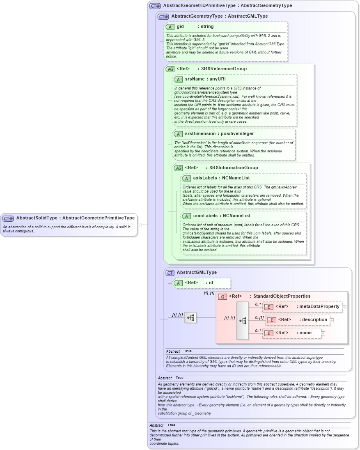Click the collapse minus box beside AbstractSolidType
[x=140, y=225]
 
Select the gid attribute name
[x=180, y=27]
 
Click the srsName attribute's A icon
[x=179, y=79]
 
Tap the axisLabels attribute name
[x=204, y=178]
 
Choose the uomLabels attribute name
[x=204, y=216]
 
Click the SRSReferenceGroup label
[x=228, y=69]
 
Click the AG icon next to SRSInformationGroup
[x=178, y=168]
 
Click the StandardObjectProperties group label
[x=282, y=296]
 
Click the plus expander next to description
[x=332, y=320]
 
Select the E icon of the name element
[x=268, y=333]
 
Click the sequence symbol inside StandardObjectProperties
[x=243, y=321]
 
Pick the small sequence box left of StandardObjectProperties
[x=190, y=317]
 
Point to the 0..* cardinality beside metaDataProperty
[x=258, y=304]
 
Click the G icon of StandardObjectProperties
[x=222, y=296]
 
